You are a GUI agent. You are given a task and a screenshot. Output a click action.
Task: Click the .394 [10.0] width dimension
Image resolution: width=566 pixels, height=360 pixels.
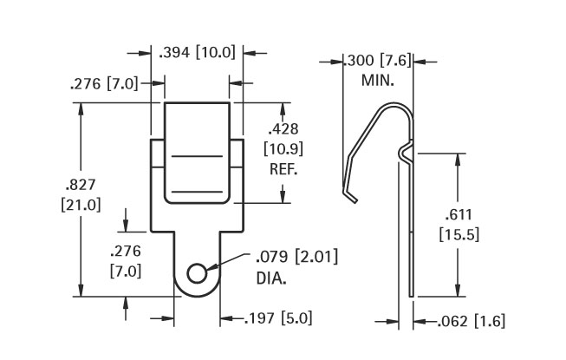click(197, 53)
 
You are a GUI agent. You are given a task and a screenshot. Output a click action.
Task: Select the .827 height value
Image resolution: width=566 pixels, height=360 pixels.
click(81, 185)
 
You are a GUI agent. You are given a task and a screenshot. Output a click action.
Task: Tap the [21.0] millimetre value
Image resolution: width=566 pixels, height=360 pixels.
click(81, 205)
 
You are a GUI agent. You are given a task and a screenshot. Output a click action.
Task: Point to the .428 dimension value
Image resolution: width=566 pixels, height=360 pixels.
click(283, 128)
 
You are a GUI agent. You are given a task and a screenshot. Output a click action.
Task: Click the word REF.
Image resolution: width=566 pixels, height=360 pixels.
click(283, 169)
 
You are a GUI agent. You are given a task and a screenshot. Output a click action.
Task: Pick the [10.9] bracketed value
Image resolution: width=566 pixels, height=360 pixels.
click(283, 148)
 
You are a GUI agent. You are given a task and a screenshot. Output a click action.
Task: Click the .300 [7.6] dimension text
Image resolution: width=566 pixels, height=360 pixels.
click(378, 61)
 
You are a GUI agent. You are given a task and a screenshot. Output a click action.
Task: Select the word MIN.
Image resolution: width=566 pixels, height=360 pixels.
click(378, 80)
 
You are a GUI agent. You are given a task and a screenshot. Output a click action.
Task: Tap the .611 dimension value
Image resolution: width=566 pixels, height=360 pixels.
click(459, 214)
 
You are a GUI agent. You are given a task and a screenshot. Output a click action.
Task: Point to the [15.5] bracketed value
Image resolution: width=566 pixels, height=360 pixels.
click(459, 235)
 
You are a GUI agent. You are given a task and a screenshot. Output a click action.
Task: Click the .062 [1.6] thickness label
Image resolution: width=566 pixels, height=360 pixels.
click(471, 321)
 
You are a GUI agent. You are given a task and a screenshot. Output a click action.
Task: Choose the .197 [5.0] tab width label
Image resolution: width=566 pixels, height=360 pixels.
click(278, 318)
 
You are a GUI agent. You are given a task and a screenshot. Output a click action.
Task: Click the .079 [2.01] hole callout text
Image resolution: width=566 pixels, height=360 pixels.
click(297, 257)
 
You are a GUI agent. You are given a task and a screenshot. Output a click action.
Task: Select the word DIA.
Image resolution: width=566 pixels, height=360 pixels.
click(271, 278)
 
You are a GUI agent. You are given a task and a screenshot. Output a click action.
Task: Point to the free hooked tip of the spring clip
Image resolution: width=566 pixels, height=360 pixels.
click(355, 200)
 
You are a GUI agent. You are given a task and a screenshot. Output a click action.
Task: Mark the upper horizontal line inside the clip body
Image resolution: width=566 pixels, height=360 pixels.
click(197, 156)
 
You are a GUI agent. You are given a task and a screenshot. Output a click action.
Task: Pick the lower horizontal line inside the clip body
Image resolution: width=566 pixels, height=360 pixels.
click(197, 191)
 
